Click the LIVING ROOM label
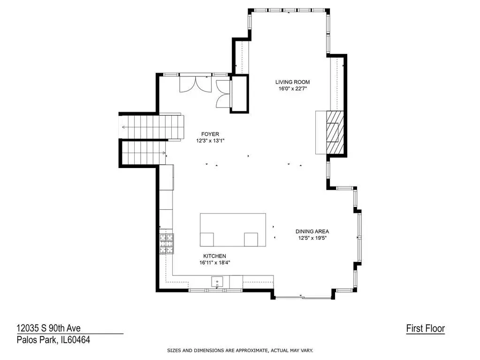point(292,82)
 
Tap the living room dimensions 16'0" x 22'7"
point(293,89)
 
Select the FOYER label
point(210,134)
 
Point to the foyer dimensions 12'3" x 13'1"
point(210,141)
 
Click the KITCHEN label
point(214,256)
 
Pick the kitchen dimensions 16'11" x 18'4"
point(214,263)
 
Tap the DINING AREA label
point(312,231)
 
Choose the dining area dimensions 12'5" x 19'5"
point(312,238)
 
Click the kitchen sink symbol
point(217,282)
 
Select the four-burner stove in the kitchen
point(167,244)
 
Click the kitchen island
point(233,230)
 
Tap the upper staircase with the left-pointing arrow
point(152,127)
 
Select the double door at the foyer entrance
point(195,83)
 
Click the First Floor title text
point(425,329)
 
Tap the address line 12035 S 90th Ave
point(48,328)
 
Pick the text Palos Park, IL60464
point(53,340)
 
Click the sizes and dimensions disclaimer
point(240,351)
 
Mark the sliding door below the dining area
point(303,297)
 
